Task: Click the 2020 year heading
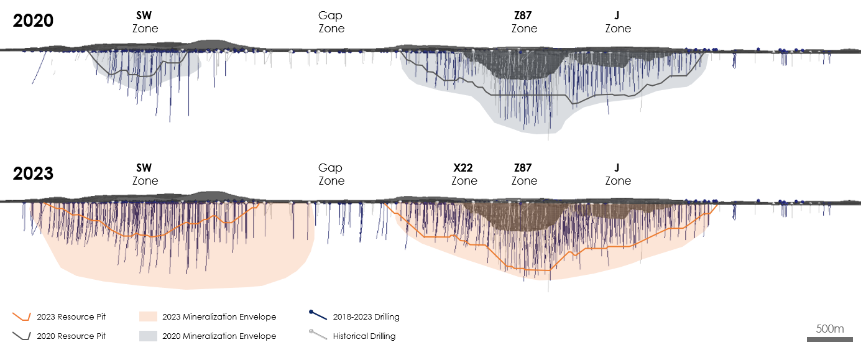click(34, 21)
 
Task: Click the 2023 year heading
click(34, 173)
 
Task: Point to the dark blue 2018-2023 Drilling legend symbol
click(318, 316)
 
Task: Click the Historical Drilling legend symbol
click(318, 336)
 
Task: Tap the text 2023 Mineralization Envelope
click(219, 317)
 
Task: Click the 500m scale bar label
click(830, 329)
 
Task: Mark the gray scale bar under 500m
click(829, 339)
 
